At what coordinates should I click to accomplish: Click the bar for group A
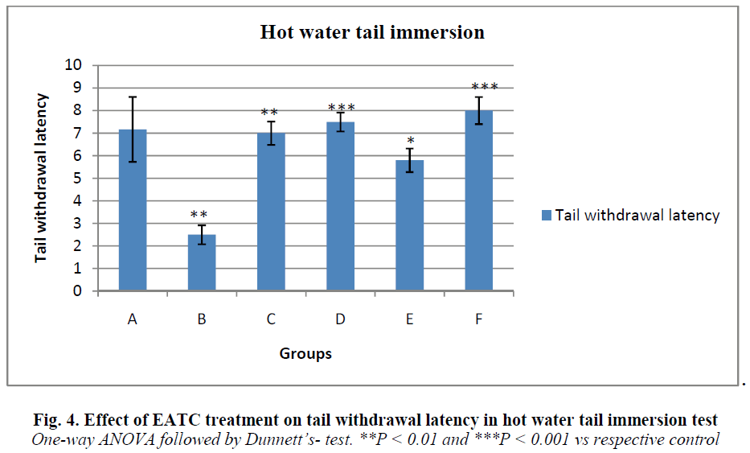133,211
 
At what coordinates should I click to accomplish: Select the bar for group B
202,263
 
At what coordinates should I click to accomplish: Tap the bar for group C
271,212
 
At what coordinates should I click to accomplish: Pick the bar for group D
340,207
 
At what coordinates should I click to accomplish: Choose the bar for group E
409,226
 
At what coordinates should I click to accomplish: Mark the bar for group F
478,201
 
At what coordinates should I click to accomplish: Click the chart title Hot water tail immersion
372,33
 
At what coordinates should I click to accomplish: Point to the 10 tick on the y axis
76,65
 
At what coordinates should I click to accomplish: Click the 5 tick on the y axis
80,179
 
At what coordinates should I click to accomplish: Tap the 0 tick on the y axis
80,292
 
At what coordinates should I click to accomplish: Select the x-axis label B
202,319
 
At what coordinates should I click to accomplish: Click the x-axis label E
409,319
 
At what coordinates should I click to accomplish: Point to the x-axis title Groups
305,353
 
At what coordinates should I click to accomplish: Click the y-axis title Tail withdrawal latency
41,178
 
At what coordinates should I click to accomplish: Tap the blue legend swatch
546,215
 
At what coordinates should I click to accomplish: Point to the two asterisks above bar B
200,216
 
